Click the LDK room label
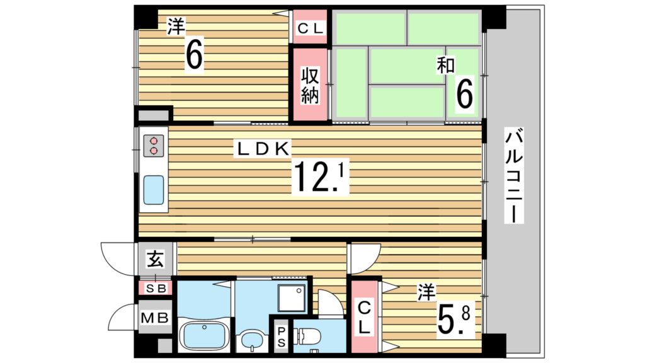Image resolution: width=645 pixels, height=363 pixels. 263,149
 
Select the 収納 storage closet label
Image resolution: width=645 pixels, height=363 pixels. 310,86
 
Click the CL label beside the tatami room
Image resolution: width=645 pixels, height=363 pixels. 311,28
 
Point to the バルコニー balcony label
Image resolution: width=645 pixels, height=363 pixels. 514,176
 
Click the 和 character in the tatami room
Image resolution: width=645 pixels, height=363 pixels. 445,66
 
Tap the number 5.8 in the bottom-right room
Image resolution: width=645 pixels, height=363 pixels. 454,318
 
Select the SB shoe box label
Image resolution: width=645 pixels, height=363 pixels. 156,289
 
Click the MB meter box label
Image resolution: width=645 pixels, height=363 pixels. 155,318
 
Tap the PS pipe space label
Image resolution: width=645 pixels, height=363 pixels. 282,337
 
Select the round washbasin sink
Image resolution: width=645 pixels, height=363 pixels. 250,340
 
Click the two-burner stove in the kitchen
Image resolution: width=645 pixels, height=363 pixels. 154,146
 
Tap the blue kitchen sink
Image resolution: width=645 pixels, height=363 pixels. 154,190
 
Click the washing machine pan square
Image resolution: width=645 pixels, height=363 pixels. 292,297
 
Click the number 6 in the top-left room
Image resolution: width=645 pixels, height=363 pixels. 194,55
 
